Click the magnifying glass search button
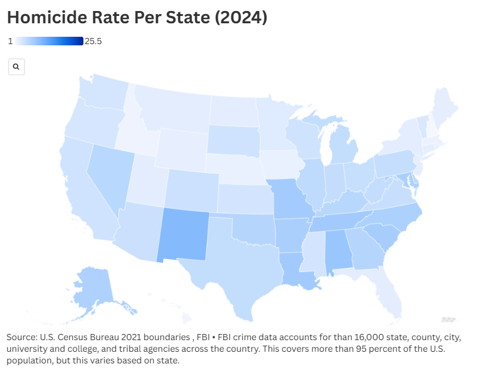17,67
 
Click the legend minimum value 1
10,41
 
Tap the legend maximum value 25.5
93,41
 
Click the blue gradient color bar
49,41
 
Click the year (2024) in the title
239,18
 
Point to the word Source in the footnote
21,338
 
